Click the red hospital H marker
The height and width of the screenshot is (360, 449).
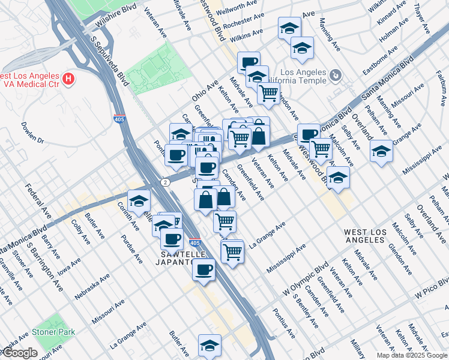click(69, 79)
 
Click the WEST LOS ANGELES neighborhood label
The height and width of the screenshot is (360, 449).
click(364, 235)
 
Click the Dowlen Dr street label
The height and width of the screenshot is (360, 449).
click(32, 133)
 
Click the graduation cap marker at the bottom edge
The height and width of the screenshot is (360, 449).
click(209, 345)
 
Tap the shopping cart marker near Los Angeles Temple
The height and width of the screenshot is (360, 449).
click(268, 93)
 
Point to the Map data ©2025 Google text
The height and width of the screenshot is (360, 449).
click(411, 355)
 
